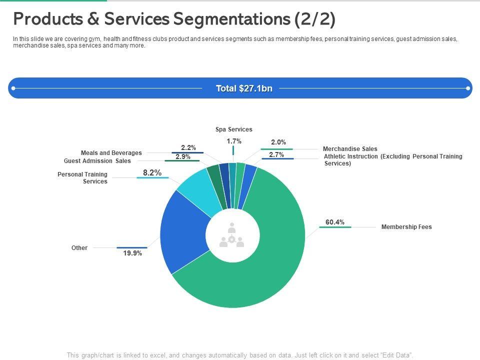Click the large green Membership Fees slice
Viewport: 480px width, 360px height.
click(x=260, y=280)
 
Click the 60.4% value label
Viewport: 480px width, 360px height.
click(x=335, y=222)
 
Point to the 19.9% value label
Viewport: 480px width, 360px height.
click(x=132, y=253)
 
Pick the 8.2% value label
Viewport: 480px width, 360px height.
click(x=152, y=173)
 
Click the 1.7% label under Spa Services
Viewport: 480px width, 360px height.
click(x=234, y=141)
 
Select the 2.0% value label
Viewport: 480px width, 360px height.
click(x=278, y=142)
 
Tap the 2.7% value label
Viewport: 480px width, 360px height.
click(x=276, y=155)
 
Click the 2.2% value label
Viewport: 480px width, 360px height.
click(x=188, y=147)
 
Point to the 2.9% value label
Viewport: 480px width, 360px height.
click(x=183, y=156)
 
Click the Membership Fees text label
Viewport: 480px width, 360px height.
click(x=406, y=227)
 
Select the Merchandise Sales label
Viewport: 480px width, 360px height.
click(x=350, y=149)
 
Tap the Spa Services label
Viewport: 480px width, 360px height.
click(x=234, y=129)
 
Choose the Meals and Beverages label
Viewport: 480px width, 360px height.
click(x=111, y=153)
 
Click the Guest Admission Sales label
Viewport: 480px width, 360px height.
click(x=97, y=161)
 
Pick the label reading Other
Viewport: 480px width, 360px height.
click(x=79, y=248)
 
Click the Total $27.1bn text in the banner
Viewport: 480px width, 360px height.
click(x=244, y=88)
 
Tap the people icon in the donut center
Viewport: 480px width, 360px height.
click(x=232, y=235)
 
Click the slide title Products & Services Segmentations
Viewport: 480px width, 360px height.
click(x=174, y=19)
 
